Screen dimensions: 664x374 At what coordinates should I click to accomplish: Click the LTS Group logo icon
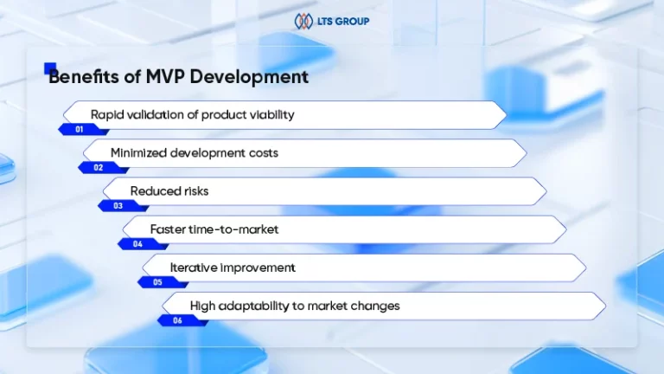303,21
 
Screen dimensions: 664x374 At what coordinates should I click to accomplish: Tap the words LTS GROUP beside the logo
343,21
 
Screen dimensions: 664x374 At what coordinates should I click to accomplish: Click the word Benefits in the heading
84,77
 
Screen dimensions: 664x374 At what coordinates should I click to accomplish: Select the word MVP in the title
164,77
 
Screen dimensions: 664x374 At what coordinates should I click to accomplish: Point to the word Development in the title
249,78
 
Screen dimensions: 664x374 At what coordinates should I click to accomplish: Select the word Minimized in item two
138,153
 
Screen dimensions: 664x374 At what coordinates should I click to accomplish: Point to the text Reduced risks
169,191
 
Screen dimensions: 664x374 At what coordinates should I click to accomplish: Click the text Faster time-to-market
214,229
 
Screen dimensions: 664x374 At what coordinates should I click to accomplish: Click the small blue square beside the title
50,68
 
